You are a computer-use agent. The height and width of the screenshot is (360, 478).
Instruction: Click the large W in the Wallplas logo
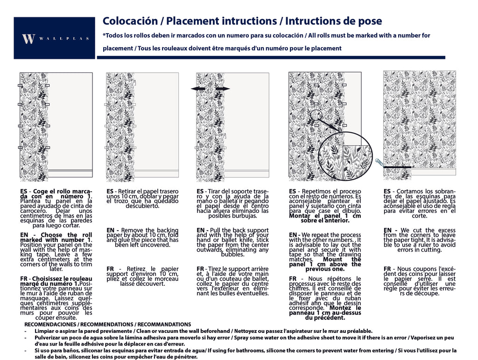click(x=28, y=39)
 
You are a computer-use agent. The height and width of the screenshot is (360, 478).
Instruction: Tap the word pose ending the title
click(x=368, y=21)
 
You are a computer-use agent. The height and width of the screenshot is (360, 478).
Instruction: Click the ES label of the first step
click(x=24, y=191)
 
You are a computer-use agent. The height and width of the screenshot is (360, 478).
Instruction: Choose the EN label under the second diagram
click(x=111, y=230)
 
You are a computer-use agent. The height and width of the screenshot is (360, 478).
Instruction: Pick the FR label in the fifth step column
click(x=387, y=269)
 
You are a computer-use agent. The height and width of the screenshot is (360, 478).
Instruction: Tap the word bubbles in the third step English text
click(x=232, y=254)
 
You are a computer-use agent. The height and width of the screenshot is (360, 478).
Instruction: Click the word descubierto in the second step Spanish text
click(x=142, y=206)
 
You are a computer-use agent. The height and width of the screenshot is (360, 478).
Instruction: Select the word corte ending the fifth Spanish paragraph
click(x=419, y=216)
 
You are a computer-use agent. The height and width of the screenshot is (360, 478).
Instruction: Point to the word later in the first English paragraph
click(x=56, y=269)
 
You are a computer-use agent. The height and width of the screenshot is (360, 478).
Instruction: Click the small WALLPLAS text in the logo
click(x=63, y=39)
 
